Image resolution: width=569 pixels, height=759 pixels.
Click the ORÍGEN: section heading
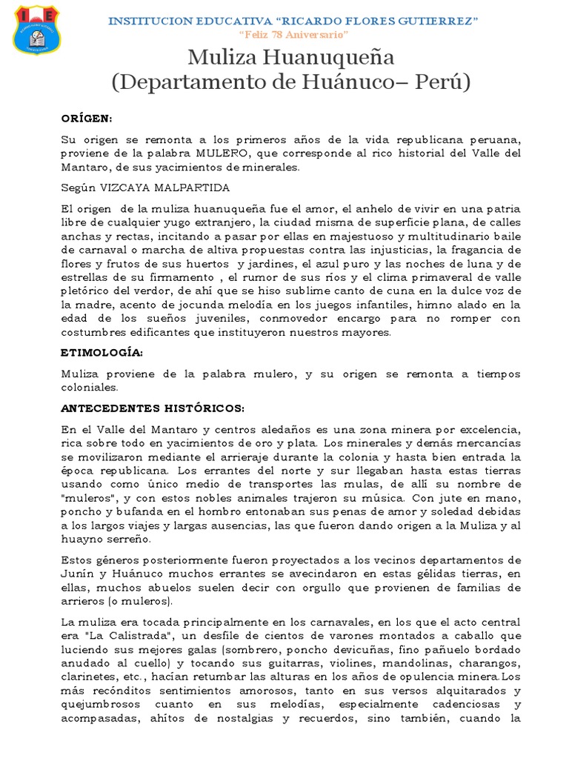(x=87, y=119)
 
